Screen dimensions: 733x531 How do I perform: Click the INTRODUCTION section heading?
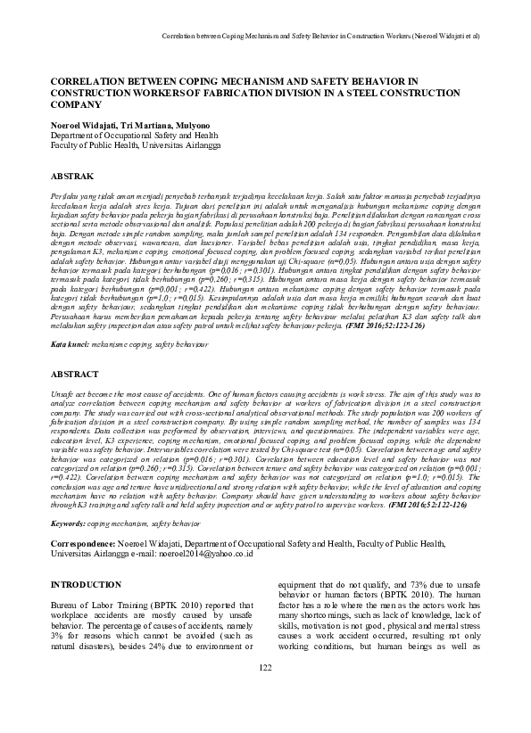[85, 584]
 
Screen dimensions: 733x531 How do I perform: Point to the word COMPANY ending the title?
[79, 103]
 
